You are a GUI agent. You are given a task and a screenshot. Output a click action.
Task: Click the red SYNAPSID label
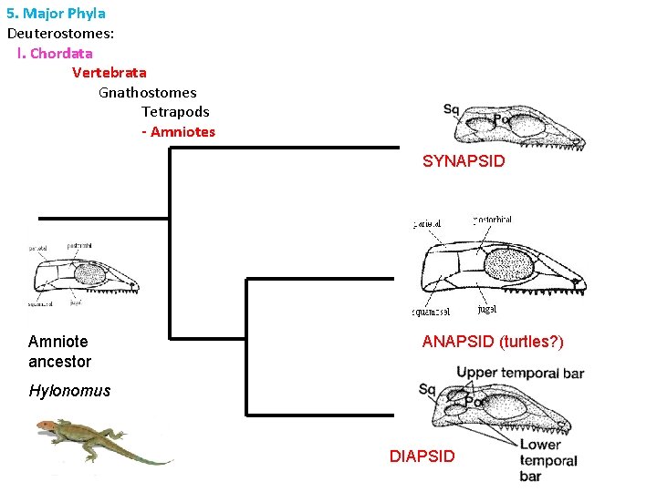(464, 162)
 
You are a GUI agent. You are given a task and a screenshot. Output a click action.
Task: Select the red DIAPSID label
(422, 456)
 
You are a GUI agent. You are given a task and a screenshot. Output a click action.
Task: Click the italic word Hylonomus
(69, 391)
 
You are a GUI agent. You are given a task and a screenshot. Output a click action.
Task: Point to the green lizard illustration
(100, 440)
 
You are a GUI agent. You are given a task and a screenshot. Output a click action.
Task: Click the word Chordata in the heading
(61, 53)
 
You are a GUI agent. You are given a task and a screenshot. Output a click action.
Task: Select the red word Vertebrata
(109, 72)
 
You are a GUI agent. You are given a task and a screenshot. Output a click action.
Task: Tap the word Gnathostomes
(148, 92)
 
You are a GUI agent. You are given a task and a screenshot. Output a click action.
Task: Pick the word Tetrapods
(175, 112)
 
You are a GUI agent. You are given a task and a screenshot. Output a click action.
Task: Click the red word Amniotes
(182, 132)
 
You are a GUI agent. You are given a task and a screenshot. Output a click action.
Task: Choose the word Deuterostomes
(60, 34)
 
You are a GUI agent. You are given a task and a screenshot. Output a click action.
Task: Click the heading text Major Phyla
(64, 14)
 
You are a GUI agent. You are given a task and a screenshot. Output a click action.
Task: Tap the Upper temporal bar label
(520, 373)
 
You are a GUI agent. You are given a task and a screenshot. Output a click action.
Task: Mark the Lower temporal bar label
(547, 460)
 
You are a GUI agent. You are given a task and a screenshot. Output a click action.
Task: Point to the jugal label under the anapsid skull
(486, 310)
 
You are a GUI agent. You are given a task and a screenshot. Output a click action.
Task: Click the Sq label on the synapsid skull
(451, 110)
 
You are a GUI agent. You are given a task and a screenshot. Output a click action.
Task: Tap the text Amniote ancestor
(59, 352)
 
